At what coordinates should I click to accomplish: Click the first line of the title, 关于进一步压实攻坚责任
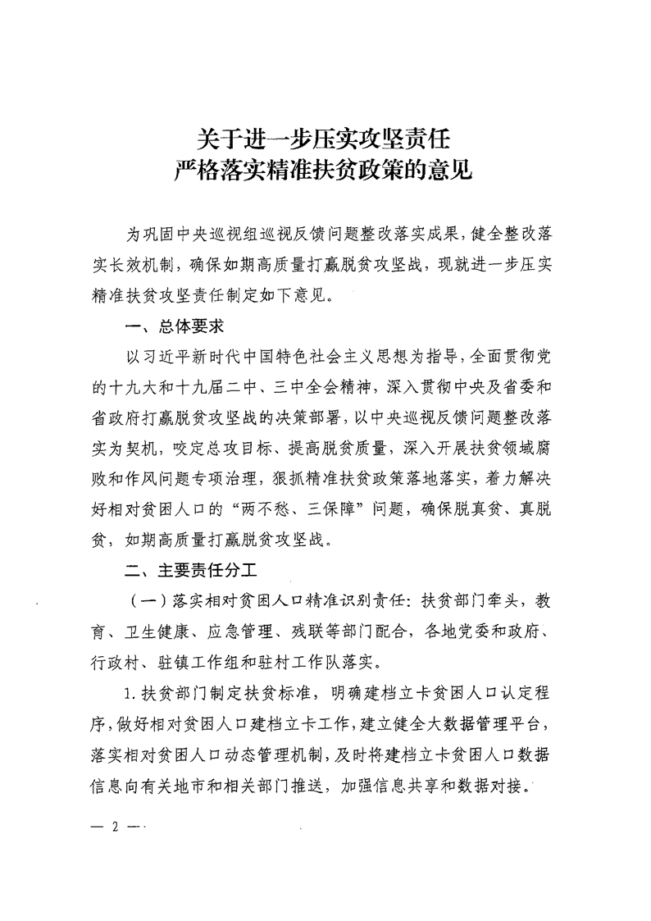pos(325,136)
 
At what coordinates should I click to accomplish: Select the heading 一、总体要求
pos(173,326)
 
